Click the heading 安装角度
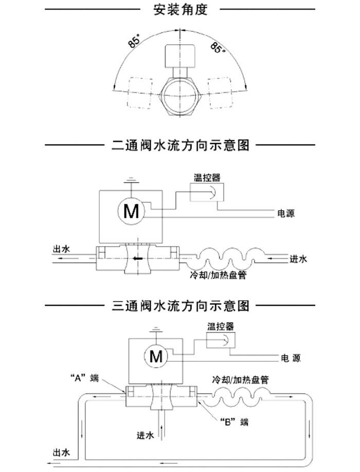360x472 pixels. tap(180, 9)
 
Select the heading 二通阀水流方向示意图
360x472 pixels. tap(181, 146)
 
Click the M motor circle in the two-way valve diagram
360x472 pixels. tap(131, 212)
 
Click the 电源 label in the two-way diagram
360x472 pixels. tap(286, 213)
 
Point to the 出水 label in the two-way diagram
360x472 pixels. tap(61, 249)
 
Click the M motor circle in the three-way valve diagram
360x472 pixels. tap(155, 355)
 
